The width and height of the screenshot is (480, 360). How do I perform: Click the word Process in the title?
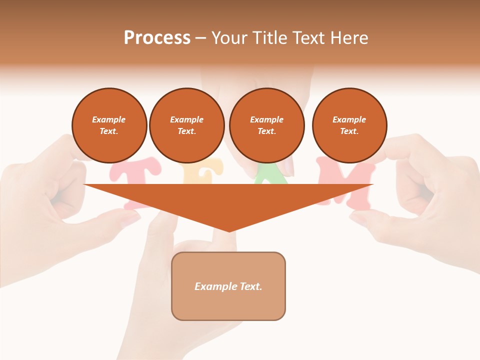[x=157, y=38]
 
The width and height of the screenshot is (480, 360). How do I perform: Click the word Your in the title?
[x=228, y=38]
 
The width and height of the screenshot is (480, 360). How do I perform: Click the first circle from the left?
[x=109, y=125]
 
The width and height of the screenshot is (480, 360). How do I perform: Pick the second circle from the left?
[x=187, y=125]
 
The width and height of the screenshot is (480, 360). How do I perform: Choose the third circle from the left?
[x=267, y=125]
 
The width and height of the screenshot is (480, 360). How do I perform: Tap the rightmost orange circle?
[x=349, y=125]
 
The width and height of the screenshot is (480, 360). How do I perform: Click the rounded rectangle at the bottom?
[x=228, y=305]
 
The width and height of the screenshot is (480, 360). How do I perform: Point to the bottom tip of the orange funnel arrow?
[x=229, y=231]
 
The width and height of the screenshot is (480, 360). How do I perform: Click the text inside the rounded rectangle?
[x=228, y=286]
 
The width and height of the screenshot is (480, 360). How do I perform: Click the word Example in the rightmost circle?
[x=349, y=120]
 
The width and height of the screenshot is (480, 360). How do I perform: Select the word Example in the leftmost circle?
[x=109, y=120]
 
